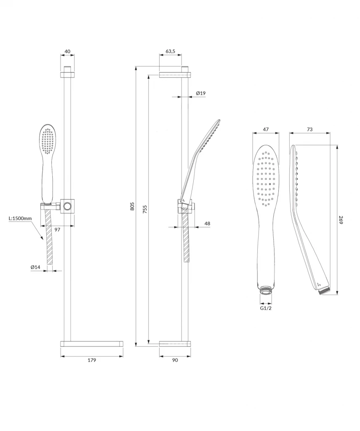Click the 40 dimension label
pyautogui.click(x=67, y=51)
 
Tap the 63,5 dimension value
pyautogui.click(x=170, y=51)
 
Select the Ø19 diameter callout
pyautogui.click(x=201, y=93)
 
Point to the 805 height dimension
pyautogui.click(x=132, y=206)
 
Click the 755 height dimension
pyautogui.click(x=145, y=209)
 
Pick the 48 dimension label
pyautogui.click(x=207, y=223)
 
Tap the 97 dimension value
pyautogui.click(x=57, y=229)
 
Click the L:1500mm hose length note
pyautogui.click(x=20, y=218)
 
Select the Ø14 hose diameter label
pyautogui.click(x=35, y=267)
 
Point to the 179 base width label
pyautogui.click(x=92, y=360)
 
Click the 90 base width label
pyautogui.click(x=175, y=360)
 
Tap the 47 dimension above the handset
pyautogui.click(x=266, y=129)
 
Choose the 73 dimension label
pyautogui.click(x=309, y=129)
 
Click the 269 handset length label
pyautogui.click(x=341, y=220)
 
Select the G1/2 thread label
pyautogui.click(x=266, y=308)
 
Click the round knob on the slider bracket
pyautogui.click(x=67, y=206)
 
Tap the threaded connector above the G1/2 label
pyautogui.click(x=266, y=290)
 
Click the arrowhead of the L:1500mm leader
pyautogui.click(x=42, y=238)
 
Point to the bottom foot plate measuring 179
pyautogui.click(x=92, y=344)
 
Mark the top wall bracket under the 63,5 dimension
pyautogui.click(x=175, y=75)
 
